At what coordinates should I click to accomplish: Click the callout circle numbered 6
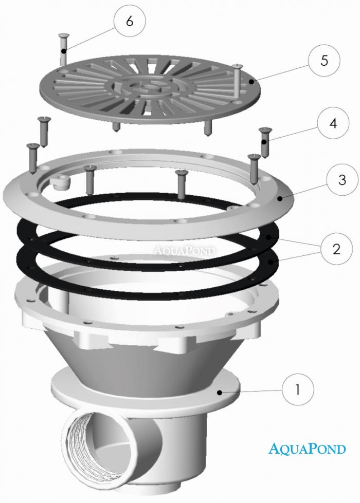(x=130, y=22)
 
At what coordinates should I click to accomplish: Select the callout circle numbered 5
(x=324, y=60)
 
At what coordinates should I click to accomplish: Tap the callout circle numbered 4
(x=333, y=123)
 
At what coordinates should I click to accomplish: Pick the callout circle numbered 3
(x=343, y=180)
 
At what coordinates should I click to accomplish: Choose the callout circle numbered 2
(x=336, y=249)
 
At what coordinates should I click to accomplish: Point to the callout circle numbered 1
(x=298, y=389)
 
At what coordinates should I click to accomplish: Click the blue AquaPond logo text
(x=307, y=448)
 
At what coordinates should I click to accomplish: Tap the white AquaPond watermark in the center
(x=184, y=250)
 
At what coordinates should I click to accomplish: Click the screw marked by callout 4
(x=265, y=142)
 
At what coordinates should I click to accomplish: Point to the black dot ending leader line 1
(x=220, y=392)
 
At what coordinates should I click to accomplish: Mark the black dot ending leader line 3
(x=280, y=199)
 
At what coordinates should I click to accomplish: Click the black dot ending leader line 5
(x=249, y=82)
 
